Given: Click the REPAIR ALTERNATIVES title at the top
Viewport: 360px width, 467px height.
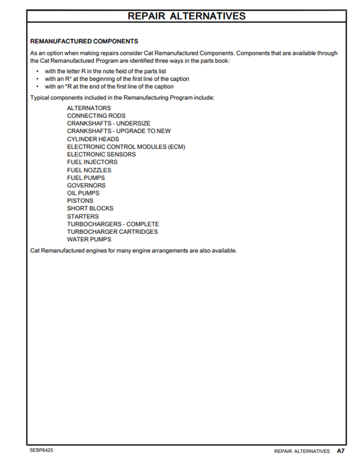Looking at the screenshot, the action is tap(186, 16).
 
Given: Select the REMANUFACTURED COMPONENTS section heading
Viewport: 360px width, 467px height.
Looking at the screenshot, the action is tap(84, 41).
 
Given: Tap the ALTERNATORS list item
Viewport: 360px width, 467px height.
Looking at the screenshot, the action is tap(89, 108).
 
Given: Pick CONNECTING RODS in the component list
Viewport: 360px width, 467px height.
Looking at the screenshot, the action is tap(96, 116).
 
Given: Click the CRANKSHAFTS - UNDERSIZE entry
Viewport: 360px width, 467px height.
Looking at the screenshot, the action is tap(108, 124).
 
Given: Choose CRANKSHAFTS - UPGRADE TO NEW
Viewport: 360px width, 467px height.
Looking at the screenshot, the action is tap(119, 131).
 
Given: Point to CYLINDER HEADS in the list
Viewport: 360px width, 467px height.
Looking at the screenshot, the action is tap(93, 139).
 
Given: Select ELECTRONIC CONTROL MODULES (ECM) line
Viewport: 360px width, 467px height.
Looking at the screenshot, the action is tap(126, 147).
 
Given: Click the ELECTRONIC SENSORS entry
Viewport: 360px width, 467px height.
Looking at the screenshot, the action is tap(101, 154).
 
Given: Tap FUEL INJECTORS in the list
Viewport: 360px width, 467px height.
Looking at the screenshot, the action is tap(92, 162).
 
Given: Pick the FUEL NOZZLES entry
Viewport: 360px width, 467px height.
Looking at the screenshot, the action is tap(89, 170).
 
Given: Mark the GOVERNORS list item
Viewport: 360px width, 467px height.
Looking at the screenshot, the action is tap(86, 185).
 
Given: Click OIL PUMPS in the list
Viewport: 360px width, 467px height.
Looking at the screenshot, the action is tap(84, 193).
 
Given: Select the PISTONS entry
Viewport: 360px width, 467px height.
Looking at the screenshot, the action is tap(80, 201).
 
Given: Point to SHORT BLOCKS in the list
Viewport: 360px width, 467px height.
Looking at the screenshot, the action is tap(90, 208).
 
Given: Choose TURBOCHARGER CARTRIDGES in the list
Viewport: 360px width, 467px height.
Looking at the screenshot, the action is tap(112, 232).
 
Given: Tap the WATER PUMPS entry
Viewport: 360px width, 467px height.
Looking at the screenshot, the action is tap(88, 239).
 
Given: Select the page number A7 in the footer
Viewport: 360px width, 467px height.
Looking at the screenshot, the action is tap(341, 451).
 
